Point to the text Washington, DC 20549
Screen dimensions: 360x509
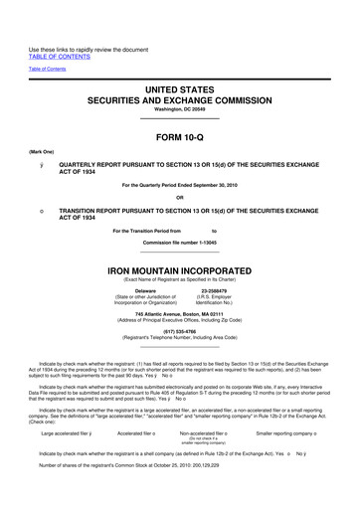(x=179, y=110)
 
